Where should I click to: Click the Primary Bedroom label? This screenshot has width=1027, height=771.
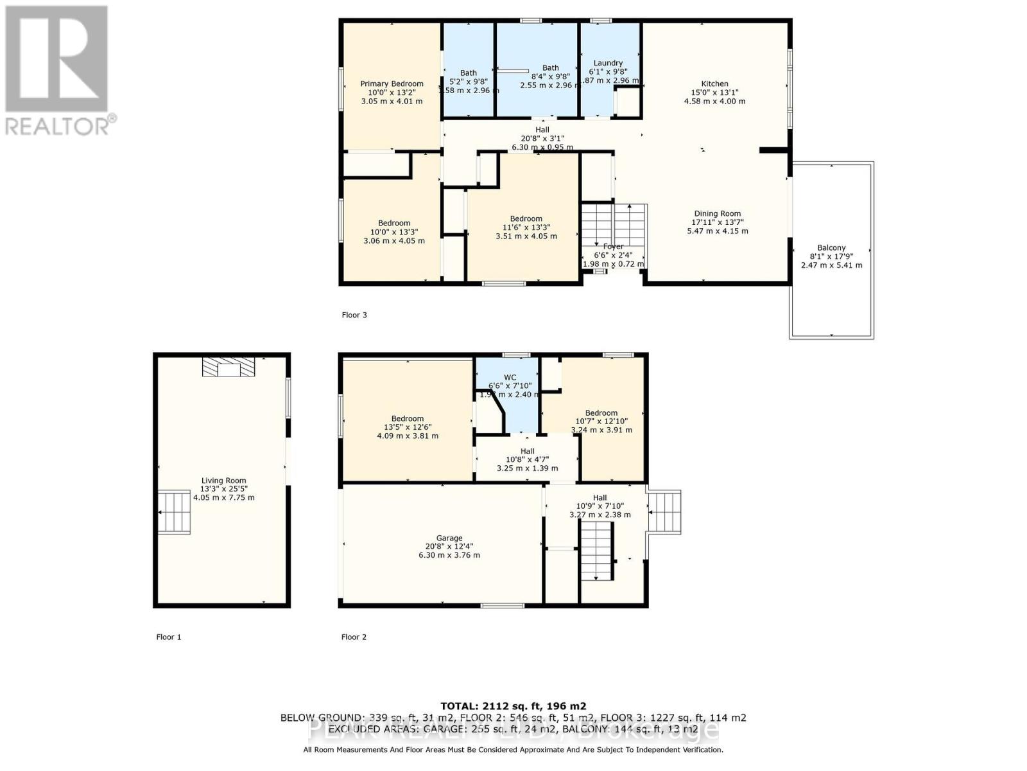tap(392, 84)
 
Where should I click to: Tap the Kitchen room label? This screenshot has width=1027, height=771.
tap(714, 84)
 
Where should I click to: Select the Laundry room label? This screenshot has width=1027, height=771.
tap(608, 64)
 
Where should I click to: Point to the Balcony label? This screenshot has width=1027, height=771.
tap(831, 248)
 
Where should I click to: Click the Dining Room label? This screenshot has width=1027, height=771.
tap(717, 214)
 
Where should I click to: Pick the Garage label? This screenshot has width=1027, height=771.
tap(449, 538)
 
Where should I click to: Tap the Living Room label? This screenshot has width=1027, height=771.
tap(223, 481)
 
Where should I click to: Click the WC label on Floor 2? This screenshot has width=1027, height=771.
tap(510, 378)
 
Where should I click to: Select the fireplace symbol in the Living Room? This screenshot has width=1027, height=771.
tap(229, 367)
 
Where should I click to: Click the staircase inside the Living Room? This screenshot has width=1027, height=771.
tap(175, 512)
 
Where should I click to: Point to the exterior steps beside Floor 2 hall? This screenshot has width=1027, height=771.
tap(665, 512)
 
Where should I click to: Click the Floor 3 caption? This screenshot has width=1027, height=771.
tap(354, 315)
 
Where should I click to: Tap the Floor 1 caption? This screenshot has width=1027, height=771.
tap(169, 637)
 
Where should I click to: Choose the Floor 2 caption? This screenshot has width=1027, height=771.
tap(354, 637)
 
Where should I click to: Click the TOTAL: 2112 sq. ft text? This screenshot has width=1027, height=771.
tap(513, 705)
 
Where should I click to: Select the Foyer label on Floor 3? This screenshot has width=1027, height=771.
tap(613, 247)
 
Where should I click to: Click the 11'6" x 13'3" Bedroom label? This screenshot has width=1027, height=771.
tap(526, 219)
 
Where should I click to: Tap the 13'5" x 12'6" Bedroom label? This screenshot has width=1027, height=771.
tap(408, 419)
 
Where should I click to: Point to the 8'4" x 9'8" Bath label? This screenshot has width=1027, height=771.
tap(551, 68)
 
